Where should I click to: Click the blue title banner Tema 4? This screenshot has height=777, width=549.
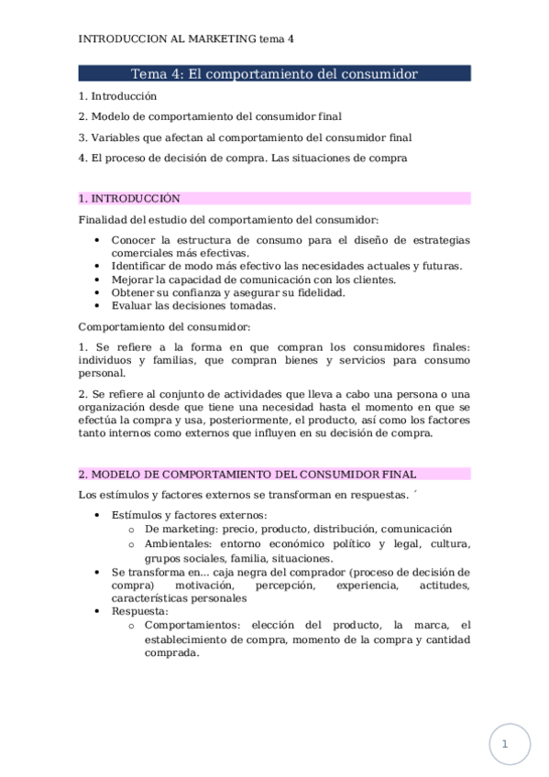coord(274,73)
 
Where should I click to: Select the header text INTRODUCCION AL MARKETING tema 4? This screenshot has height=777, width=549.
coord(186,39)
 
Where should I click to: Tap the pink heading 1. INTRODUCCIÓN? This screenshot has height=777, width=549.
coord(129,198)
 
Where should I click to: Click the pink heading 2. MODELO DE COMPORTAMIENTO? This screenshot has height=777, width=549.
coord(247,474)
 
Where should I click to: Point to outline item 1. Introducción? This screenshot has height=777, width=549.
coord(117,95)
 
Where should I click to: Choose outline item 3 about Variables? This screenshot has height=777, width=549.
coord(245,137)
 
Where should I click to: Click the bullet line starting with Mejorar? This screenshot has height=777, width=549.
coord(254,279)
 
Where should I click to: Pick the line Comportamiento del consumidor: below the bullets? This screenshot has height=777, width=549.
coord(164,326)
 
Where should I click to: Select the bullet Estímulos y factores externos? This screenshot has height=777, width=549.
coord(190,515)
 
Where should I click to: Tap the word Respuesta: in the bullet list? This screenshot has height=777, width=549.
coord(140,611)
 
